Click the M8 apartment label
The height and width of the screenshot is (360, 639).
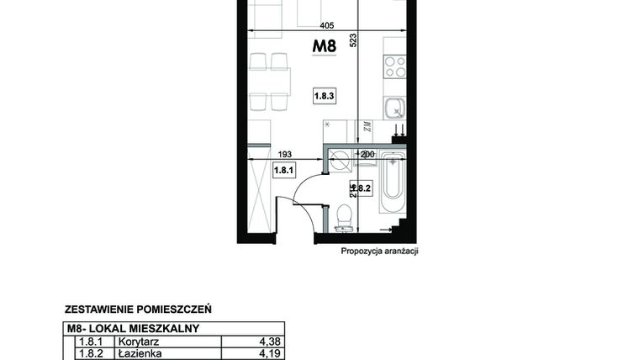pos(325,48)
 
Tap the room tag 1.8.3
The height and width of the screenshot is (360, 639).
pos(325,97)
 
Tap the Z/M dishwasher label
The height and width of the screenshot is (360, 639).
pos(367,128)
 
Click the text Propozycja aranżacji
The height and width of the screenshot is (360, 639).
pos(379,251)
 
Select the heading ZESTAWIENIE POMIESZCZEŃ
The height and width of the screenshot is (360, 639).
pos(137,309)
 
